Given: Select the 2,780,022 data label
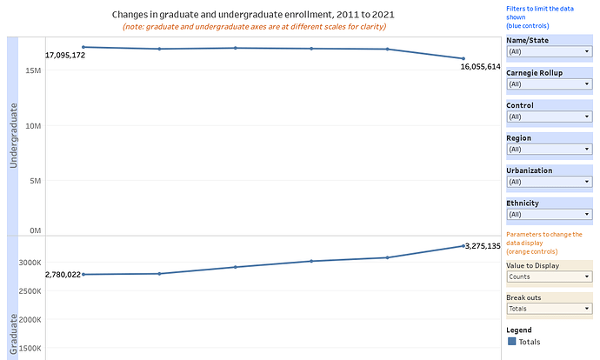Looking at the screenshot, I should click(63, 275).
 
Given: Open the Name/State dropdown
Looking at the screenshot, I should click(549, 51).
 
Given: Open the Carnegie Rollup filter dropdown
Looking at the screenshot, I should click(549, 84).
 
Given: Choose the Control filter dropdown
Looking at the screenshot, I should click(549, 117).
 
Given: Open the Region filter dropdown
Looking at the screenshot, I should click(549, 149).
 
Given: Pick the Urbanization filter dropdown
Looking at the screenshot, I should click(549, 182).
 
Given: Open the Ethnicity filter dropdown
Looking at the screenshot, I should click(549, 214).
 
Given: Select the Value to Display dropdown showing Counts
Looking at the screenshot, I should click(549, 277).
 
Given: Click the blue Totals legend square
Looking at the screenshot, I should click(511, 342).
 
